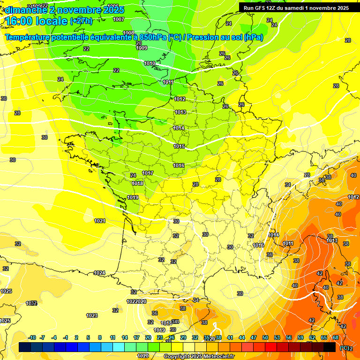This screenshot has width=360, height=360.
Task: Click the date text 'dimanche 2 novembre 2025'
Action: click(x=64, y=10)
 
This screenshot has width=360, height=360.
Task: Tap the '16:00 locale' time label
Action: click(x=36, y=21)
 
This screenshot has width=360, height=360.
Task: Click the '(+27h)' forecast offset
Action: click(x=81, y=21)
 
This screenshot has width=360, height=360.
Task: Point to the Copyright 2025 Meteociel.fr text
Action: click(x=199, y=356)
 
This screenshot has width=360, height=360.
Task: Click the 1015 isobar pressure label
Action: click(x=179, y=147)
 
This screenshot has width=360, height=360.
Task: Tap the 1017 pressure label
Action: click(x=148, y=173)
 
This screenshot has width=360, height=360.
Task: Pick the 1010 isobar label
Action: click(x=150, y=63)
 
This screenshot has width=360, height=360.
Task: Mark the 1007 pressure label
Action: click(x=119, y=19)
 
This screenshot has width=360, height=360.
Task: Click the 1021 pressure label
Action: click(x=100, y=221)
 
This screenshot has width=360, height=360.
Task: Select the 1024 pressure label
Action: click(x=99, y=273)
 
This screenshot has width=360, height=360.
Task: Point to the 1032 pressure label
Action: click(x=31, y=303)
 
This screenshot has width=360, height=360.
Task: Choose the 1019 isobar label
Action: click(x=133, y=198)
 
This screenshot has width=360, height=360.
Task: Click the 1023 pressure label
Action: click(x=92, y=315)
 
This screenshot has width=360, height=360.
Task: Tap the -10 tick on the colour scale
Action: click(x=32, y=337)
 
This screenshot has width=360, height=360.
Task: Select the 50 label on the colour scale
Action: click(x=265, y=337)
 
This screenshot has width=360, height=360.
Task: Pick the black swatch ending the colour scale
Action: click(x=330, y=347)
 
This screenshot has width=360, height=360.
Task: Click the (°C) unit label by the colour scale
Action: click(x=344, y=348)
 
